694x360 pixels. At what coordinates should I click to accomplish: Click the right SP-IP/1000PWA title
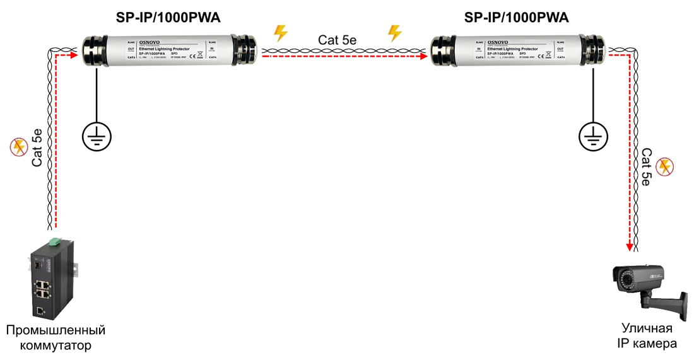[x=517, y=18]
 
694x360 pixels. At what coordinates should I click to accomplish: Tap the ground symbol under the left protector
[x=97, y=135]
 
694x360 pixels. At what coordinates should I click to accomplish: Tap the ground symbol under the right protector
[x=593, y=135]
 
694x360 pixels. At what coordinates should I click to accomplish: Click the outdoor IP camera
[x=650, y=287]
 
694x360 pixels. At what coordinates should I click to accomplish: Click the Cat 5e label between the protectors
[x=338, y=39]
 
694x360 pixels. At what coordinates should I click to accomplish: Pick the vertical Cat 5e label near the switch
[x=37, y=148]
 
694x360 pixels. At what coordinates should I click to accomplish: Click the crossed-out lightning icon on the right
[x=664, y=166]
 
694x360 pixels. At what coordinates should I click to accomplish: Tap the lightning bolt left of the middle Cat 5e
[x=280, y=32]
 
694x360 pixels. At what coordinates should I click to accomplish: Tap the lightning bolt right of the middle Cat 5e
[x=394, y=32]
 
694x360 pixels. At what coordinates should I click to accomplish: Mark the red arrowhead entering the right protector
[x=424, y=55]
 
